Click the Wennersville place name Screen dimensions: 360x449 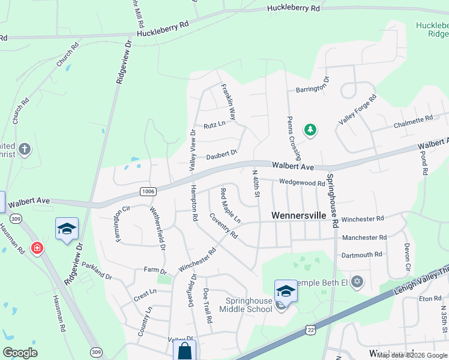click(298, 215)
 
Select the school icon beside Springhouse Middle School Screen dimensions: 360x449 click(286, 291)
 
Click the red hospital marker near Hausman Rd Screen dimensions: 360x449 click(37, 248)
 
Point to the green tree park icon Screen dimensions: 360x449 click(310, 130)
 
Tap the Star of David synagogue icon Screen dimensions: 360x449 click(357, 281)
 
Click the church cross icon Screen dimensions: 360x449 click(24, 149)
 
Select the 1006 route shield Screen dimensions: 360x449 click(148, 191)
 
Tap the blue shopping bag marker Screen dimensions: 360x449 click(184, 351)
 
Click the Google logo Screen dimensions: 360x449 click(20, 353)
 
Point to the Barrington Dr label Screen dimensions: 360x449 click(312, 85)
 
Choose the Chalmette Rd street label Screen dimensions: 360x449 click(413, 122)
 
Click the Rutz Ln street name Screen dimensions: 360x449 click(214, 125)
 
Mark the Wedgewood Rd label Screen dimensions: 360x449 click(302, 183)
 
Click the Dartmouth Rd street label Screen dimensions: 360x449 click(361, 255)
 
